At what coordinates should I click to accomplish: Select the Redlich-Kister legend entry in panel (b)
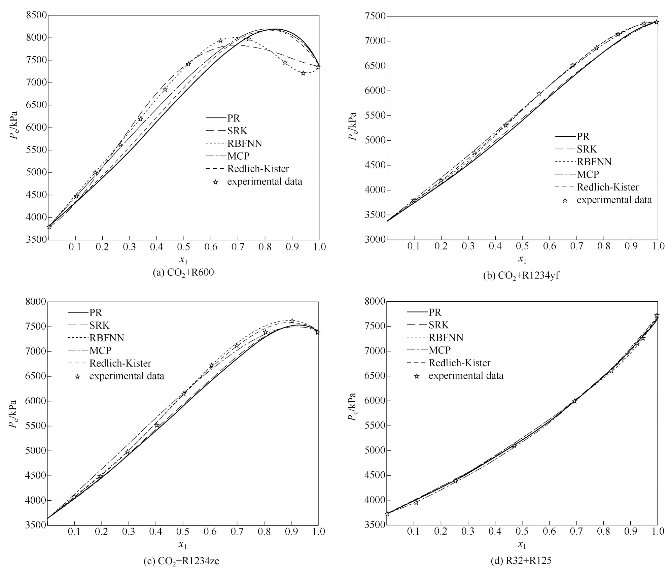point(607,187)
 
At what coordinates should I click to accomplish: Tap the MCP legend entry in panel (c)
point(100,350)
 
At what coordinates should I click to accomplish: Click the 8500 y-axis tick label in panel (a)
point(35,15)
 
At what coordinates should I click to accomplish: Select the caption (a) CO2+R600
point(183,272)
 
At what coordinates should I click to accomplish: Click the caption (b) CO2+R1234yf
point(521,275)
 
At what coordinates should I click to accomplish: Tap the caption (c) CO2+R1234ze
point(181,561)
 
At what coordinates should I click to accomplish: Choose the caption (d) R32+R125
point(521,561)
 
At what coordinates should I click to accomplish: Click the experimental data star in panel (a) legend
point(215,182)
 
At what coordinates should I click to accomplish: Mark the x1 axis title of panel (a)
point(183,260)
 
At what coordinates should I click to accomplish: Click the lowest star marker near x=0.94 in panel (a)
point(303,73)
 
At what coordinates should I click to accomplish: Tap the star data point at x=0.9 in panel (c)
point(292,321)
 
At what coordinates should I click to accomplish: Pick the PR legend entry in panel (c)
point(95,313)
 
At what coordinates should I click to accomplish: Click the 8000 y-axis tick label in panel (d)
point(375,301)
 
